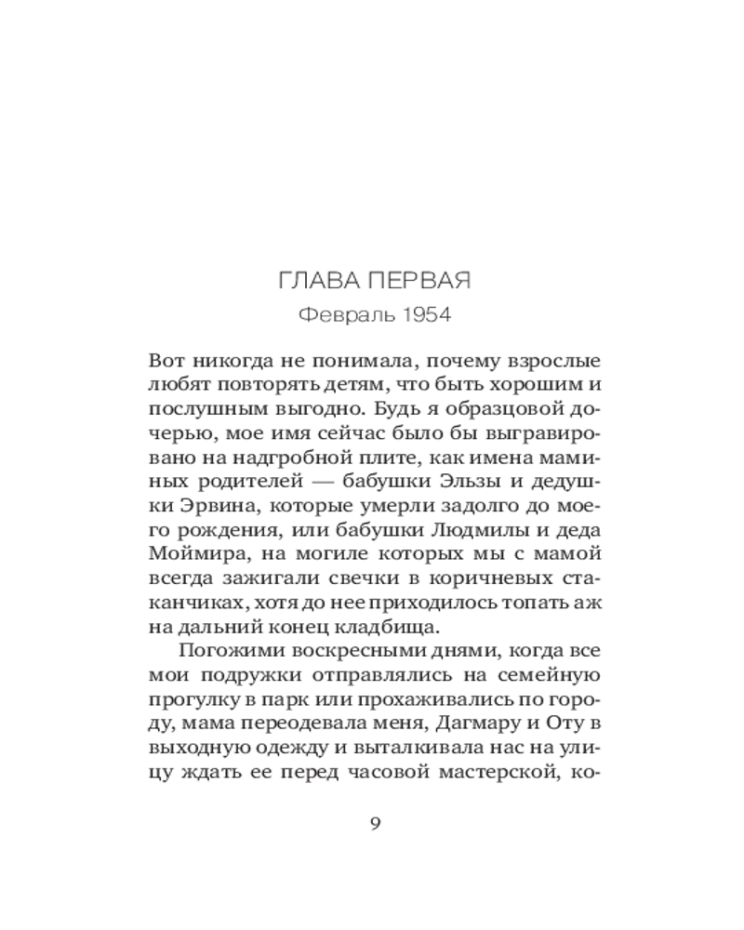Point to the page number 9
click(x=375, y=824)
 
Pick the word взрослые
click(x=549, y=359)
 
